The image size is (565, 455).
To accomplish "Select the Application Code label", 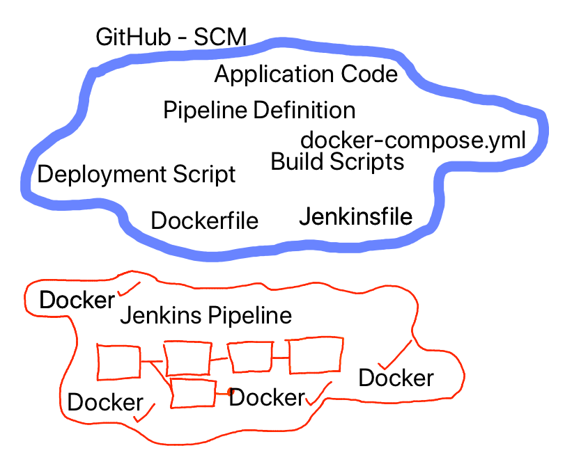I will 306,74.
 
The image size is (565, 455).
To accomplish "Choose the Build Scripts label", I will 337,162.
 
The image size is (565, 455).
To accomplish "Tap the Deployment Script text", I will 137,174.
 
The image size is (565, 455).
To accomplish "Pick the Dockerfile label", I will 205,221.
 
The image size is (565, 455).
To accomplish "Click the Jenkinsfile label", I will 355,217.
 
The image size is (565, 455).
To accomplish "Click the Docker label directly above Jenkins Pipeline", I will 77,300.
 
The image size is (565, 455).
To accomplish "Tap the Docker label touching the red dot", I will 268,397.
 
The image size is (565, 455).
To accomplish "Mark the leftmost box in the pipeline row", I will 119,362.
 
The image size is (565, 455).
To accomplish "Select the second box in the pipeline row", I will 187,359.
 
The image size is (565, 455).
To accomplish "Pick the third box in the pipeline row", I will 249,358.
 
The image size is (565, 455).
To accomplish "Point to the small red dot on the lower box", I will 229,393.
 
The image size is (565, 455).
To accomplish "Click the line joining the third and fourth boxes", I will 280,358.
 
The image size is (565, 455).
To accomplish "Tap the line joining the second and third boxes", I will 219,359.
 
